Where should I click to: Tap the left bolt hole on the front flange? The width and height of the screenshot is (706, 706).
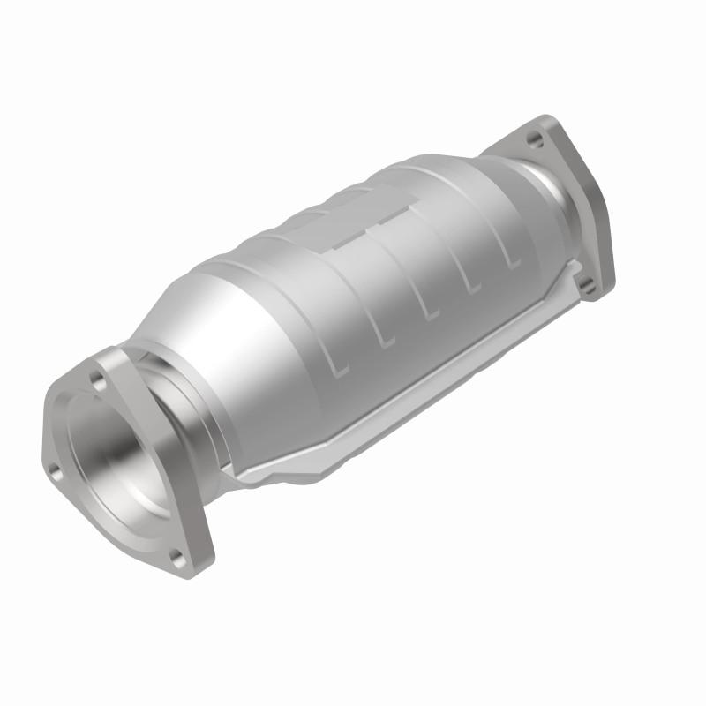point(56,473)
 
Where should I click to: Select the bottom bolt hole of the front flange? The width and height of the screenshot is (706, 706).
point(176,555)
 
